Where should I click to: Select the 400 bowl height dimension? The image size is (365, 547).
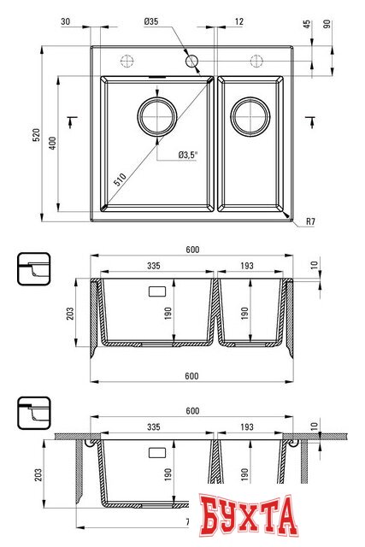tap(52, 143)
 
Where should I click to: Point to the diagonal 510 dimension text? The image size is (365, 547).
tap(121, 178)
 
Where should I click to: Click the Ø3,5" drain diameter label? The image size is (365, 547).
tap(187, 155)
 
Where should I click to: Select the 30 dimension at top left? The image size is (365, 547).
tap(65, 21)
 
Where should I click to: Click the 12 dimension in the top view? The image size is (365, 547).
tap(238, 21)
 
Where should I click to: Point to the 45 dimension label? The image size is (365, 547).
tap(307, 25)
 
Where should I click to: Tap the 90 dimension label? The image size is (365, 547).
tap(328, 25)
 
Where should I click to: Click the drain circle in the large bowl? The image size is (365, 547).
tap(156, 115)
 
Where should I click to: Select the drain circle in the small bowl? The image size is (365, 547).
tap(250, 115)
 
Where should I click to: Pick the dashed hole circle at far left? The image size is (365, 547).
tap(127, 61)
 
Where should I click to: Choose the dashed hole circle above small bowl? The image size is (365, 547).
tap(255, 61)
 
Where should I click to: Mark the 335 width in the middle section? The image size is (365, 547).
tap(154, 267)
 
